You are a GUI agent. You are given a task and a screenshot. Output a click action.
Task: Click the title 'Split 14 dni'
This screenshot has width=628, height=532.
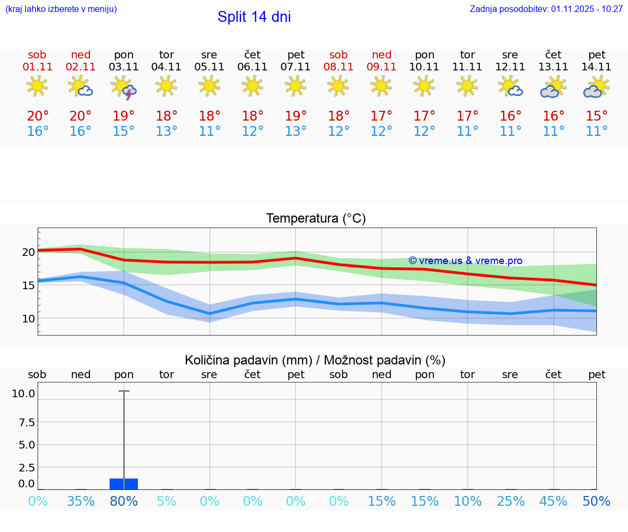point(254,17)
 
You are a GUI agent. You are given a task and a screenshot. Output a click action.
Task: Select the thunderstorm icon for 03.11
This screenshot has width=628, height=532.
point(124,87)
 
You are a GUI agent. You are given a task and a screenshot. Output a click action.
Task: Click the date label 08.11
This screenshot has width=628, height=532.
point(339,67)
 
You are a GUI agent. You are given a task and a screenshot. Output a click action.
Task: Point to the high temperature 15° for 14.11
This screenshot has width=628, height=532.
point(597,116)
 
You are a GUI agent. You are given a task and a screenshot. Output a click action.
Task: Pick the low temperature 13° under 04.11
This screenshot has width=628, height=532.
point(166,131)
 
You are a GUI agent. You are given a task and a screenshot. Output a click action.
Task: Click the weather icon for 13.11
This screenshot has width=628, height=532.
point(554,87)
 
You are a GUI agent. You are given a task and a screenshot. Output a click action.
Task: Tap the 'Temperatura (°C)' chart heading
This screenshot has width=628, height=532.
point(316,219)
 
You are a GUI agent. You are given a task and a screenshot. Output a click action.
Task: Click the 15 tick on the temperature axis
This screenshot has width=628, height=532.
point(28,285)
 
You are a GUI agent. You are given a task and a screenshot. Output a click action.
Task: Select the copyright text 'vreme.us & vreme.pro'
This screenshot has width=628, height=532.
point(465,261)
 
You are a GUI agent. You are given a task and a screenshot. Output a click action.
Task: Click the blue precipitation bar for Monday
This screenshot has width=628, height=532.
point(124,483)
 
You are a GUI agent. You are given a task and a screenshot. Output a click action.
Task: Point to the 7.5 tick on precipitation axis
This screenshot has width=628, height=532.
point(27,422)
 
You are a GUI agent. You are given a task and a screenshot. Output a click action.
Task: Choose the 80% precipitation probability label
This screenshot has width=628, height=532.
point(124,501)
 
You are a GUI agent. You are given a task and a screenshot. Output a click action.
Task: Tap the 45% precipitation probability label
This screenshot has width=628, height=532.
point(554,501)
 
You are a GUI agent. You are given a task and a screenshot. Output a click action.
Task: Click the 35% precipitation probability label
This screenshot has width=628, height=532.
point(81,501)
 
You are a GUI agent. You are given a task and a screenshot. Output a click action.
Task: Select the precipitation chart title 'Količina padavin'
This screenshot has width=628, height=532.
point(315,360)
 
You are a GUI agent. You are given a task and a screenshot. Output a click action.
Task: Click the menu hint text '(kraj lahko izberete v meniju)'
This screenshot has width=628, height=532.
point(61,9)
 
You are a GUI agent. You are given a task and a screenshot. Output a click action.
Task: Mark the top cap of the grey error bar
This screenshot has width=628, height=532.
point(124,391)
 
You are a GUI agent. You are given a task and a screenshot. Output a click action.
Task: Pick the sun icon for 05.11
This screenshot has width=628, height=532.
point(209,86)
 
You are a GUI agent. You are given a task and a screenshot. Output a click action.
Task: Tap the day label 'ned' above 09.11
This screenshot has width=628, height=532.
point(382,55)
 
